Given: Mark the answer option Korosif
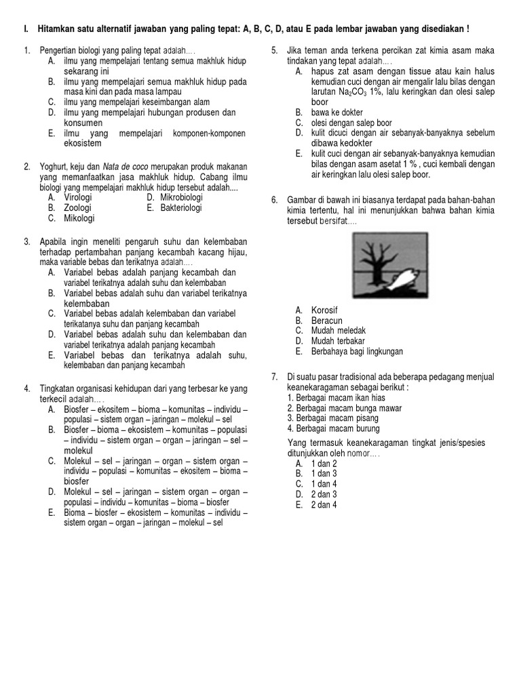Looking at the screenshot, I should (x=324, y=310).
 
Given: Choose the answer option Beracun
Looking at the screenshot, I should (x=326, y=320).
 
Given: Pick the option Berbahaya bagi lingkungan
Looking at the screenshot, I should (x=357, y=352).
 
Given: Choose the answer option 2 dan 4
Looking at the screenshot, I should (x=324, y=505).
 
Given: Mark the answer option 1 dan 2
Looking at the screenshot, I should (x=324, y=463).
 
